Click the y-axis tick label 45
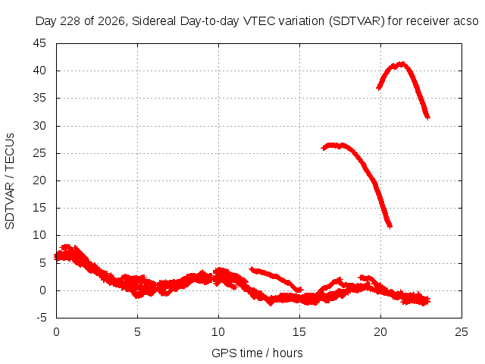point(39,43)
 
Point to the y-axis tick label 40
point(39,71)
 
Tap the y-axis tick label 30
point(39,126)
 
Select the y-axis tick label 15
point(39,208)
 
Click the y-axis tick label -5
point(41,318)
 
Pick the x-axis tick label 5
point(137,332)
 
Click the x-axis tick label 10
point(218,332)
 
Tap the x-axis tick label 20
point(380,332)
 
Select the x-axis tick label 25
point(462,332)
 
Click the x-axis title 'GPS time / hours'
point(257,353)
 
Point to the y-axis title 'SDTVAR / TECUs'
point(10,181)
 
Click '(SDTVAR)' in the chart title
point(357,21)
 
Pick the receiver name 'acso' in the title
point(466,21)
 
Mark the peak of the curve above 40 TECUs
point(402,64)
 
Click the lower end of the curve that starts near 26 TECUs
point(390,227)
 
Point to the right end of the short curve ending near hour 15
point(299,290)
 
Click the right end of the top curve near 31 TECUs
point(427,118)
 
